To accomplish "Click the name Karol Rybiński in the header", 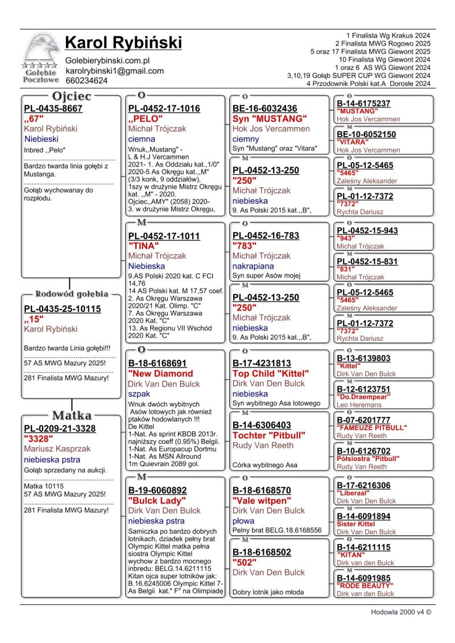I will click(123, 43).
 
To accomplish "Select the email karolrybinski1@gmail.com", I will click(114, 71).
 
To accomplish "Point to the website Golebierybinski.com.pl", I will click(107, 60).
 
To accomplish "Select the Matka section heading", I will click(71, 415).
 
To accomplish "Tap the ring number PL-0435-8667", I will click(53, 109).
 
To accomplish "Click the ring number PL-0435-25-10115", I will click(62, 309).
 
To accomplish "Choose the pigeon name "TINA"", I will click(146, 246).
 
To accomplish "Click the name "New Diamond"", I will click(161, 373).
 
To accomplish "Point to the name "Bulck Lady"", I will click(158, 501).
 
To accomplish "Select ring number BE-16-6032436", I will click(264, 109).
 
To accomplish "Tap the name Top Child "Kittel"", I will click(271, 373).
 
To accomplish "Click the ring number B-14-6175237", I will click(363, 104).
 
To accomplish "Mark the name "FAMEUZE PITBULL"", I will click(372, 427).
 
